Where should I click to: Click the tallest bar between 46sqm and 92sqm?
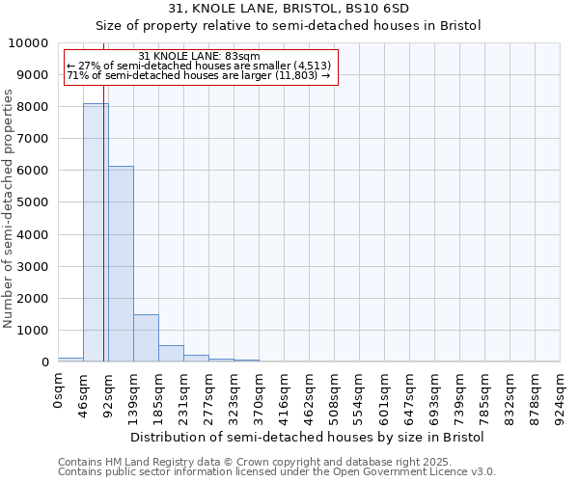[x=96, y=232]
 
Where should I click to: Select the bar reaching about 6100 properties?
[x=121, y=264]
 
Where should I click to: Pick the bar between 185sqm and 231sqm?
[x=171, y=353]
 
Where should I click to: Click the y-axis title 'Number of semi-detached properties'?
[x=9, y=208]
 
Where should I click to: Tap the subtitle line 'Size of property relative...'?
[x=289, y=26]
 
